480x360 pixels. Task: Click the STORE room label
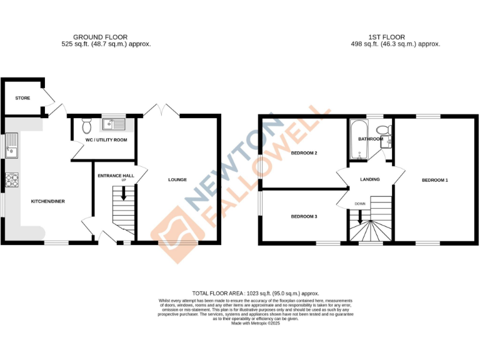pyautogui.click(x=22, y=98)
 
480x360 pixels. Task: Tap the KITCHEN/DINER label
pyautogui.click(x=48, y=201)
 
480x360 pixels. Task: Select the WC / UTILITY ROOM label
pyautogui.click(x=106, y=140)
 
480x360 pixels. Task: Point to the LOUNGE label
pyautogui.click(x=177, y=180)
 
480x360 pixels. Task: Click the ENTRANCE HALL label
pyautogui.click(x=116, y=176)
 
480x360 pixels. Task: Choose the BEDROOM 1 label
pyautogui.click(x=435, y=180)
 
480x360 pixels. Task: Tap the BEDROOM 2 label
pyautogui.click(x=304, y=153)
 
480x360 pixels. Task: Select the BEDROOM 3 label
pyautogui.click(x=304, y=216)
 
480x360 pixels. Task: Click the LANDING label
pyautogui.click(x=370, y=180)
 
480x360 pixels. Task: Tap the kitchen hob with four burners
pyautogui.click(x=12, y=181)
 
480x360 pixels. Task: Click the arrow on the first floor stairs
pyautogui.click(x=359, y=217)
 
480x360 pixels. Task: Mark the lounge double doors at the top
pyautogui.click(x=161, y=111)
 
